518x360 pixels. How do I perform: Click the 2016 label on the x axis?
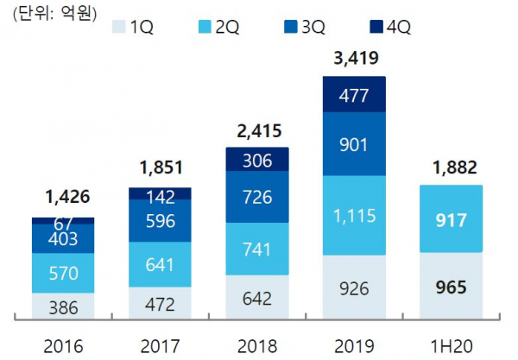coord(63,347)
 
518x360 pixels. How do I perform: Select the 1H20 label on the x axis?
coord(451,347)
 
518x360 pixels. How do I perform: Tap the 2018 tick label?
coord(257,347)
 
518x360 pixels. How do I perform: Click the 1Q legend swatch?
coord(119,25)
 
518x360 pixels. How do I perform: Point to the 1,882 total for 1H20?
coord(451,169)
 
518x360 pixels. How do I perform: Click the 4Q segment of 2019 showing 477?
coord(354,95)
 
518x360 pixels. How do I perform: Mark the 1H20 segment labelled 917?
coord(451,220)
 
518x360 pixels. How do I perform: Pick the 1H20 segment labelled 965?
coord(451,285)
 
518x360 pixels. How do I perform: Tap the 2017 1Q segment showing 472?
coord(160,303)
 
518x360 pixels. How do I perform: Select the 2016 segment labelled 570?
coord(63,273)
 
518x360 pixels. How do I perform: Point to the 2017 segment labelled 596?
coord(160,221)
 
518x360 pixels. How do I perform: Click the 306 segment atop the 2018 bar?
coord(257,160)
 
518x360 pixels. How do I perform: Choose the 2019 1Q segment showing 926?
coord(354,287)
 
